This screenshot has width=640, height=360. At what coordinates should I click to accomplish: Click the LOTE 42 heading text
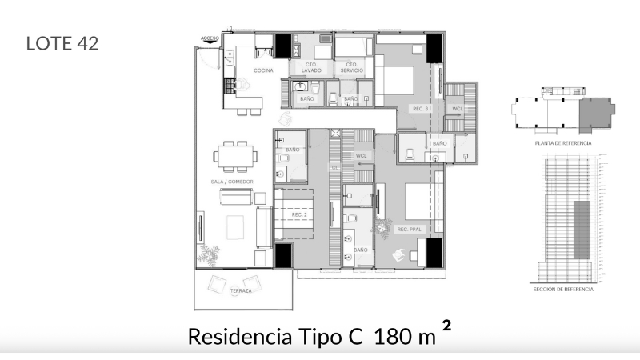[62, 43]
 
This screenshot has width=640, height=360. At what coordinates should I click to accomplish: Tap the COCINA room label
[264, 71]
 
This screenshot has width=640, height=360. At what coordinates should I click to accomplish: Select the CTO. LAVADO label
[311, 67]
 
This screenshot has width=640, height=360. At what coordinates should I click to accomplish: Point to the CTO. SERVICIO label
[350, 67]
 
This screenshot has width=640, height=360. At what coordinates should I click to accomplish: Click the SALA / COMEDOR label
[232, 182]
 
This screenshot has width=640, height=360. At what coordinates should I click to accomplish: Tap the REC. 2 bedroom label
[300, 214]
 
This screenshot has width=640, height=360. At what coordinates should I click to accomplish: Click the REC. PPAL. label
[409, 230]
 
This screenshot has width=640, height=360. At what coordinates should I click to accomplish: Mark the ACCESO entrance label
[210, 38]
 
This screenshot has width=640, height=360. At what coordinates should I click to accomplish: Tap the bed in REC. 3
[395, 81]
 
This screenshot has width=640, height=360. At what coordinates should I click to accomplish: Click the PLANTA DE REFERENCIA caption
[563, 142]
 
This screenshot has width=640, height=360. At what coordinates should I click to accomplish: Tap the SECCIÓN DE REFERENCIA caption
[563, 289]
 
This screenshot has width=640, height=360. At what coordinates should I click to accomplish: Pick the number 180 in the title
[391, 337]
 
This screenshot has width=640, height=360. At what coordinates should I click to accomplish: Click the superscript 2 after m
[446, 326]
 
